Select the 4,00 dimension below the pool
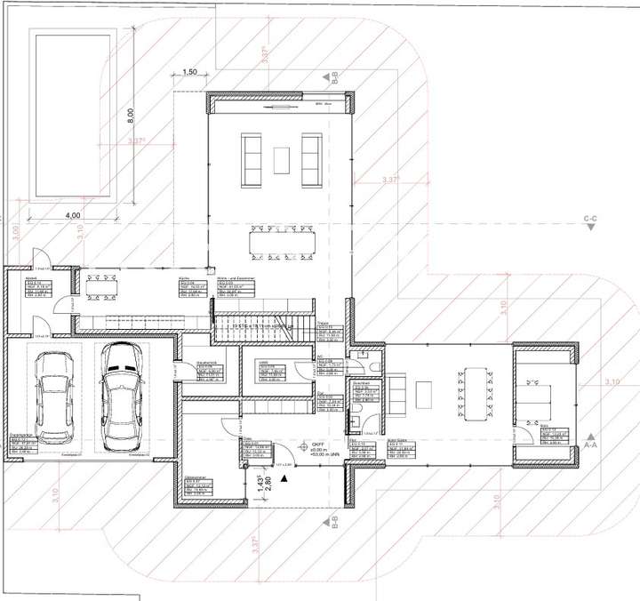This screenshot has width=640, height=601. (73, 215)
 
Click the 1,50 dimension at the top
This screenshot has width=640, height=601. (188, 71)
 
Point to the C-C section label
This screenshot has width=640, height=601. (588, 219)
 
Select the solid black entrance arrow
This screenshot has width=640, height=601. (284, 477)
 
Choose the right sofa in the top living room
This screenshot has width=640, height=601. (311, 159)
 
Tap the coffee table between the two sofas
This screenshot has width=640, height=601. (281, 160)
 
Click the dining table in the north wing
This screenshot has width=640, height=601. (280, 243)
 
